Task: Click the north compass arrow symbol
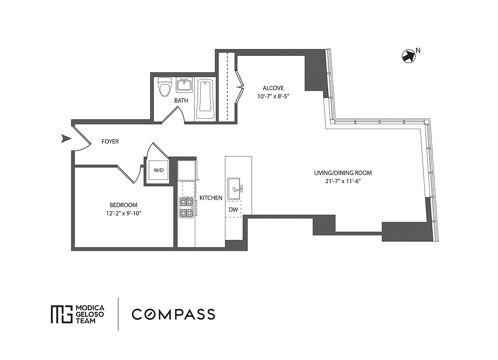(x=407, y=56)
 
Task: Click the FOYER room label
(x=110, y=142)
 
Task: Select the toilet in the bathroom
(x=165, y=87)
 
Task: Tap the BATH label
(x=181, y=101)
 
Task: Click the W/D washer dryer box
(x=158, y=171)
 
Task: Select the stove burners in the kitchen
(x=186, y=207)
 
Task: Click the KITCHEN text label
(x=211, y=198)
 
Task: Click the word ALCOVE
(x=274, y=88)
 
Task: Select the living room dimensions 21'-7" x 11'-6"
(x=343, y=181)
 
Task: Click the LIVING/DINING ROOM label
(x=343, y=173)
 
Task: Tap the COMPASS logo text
(x=173, y=314)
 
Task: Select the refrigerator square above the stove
(x=187, y=171)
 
